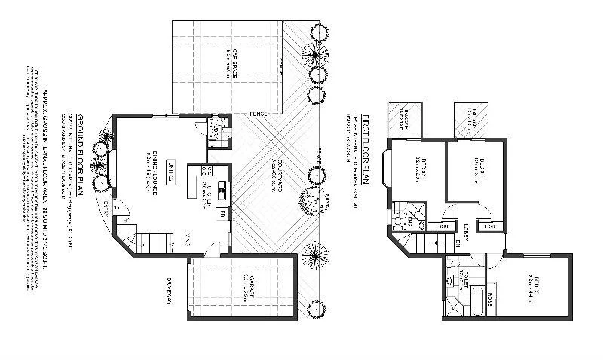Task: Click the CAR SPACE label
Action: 236,63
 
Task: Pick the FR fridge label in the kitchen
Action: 222,215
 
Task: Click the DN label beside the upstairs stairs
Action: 458,242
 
